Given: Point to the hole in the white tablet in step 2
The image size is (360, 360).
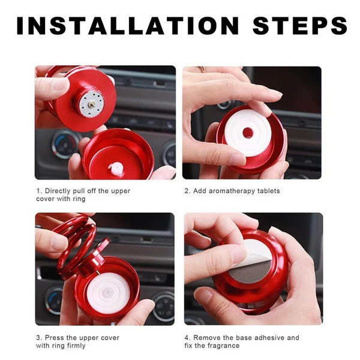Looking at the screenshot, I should pos(248,133).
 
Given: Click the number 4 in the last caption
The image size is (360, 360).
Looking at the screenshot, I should pos(186,338).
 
